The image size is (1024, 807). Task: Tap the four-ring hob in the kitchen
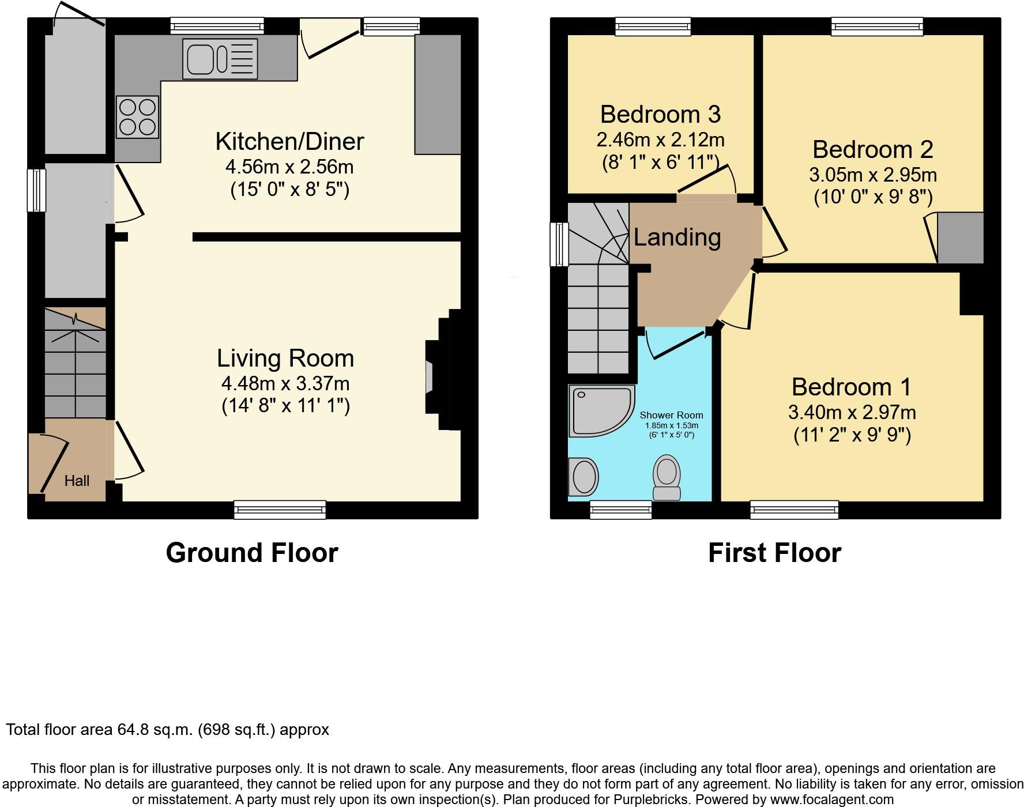137,117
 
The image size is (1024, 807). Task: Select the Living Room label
285,358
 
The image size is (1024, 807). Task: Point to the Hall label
77,481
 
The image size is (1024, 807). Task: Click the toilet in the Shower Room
667,477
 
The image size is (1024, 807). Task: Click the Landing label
677,237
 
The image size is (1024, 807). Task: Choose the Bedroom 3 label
660,114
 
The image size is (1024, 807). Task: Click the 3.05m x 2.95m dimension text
872,175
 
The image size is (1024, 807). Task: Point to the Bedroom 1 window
794,510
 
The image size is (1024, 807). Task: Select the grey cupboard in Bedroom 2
960,237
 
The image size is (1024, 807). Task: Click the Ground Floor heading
252,553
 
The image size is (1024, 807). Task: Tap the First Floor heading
774,553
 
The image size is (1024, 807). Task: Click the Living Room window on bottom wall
280,510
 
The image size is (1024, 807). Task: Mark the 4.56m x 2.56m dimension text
289,167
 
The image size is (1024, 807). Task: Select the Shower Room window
620,510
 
